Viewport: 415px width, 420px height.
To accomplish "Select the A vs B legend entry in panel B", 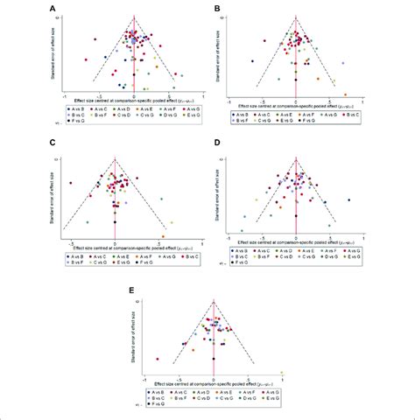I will [x=240, y=114].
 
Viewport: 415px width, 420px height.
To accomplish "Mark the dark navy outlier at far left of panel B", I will [x=251, y=60].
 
